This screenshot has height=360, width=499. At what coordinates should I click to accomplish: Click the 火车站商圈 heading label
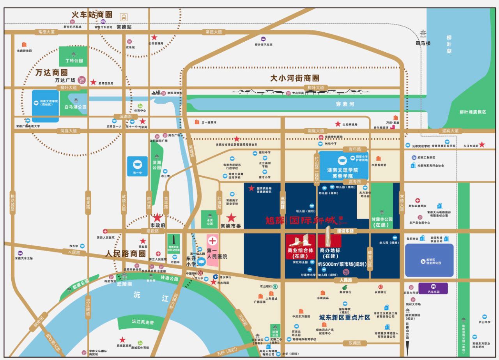[x=92, y=15]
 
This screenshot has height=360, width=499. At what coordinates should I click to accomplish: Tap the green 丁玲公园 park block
[x=73, y=56]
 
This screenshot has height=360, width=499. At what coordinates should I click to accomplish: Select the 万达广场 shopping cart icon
[x=82, y=80]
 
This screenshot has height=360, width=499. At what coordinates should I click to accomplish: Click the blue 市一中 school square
[x=137, y=166]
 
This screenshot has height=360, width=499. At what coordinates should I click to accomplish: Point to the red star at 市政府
[x=157, y=217]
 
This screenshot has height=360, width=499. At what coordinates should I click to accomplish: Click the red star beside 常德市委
[x=232, y=217]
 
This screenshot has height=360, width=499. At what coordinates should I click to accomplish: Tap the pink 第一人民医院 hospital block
[x=212, y=250]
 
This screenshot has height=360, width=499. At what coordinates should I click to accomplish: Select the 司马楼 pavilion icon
[x=423, y=34]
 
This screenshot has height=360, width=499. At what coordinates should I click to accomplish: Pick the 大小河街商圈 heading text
[x=295, y=78]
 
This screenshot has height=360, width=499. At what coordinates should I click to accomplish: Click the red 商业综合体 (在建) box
[x=300, y=246]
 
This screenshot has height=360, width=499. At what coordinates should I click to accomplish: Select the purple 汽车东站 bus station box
[x=433, y=288]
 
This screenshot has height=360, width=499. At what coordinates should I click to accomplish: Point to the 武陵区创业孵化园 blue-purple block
[x=429, y=260]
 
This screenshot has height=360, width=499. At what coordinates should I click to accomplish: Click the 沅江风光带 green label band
[x=142, y=322]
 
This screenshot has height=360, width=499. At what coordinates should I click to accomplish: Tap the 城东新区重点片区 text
[x=344, y=318]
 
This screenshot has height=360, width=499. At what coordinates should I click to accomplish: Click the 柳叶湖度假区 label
[x=473, y=112]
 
